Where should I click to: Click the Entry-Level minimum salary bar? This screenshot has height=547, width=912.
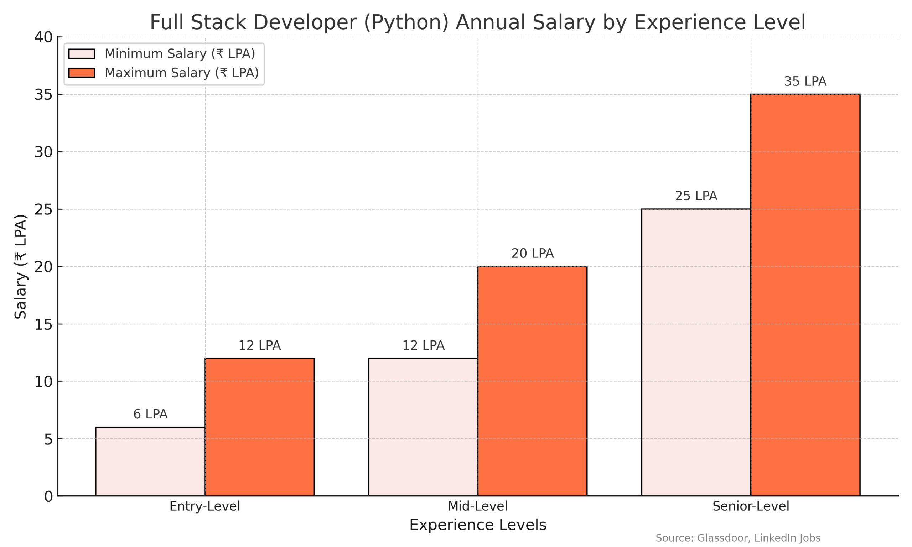(x=150, y=461)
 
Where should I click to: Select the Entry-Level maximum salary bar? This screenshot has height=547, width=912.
(x=259, y=427)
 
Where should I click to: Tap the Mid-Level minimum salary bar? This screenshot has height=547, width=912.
(x=423, y=427)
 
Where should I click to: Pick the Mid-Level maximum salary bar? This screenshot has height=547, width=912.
(x=532, y=381)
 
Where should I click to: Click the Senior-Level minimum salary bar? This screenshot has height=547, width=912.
(x=696, y=352)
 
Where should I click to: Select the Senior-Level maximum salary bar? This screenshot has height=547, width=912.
(x=805, y=295)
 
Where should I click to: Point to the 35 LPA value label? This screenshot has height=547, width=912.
(x=805, y=82)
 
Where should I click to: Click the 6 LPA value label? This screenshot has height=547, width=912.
(x=150, y=414)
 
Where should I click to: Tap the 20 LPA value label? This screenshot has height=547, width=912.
(x=532, y=254)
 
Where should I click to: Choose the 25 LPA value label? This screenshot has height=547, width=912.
(x=696, y=196)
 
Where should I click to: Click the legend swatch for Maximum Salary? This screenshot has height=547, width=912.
(x=82, y=73)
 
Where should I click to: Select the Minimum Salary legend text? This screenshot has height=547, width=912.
(x=180, y=54)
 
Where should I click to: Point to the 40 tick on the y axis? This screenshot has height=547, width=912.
(x=43, y=37)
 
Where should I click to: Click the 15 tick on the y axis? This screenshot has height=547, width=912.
(x=43, y=324)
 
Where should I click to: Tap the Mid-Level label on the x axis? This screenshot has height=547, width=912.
(x=477, y=506)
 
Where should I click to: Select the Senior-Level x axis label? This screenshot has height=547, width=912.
(x=751, y=506)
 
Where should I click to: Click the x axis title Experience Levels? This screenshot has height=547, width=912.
(x=477, y=525)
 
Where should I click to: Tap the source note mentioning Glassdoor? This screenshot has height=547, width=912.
(x=738, y=538)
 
